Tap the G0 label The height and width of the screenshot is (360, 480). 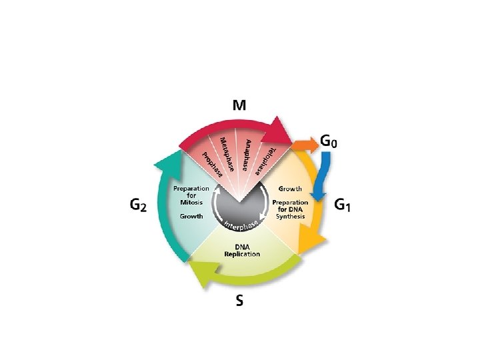click(333, 142)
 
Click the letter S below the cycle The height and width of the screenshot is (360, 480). click(239, 301)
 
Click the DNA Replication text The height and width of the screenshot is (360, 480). click(242, 250)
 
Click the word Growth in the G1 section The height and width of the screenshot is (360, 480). click(290, 189)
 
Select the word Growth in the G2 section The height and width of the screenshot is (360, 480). click(191, 217)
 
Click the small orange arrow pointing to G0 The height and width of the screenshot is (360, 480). click(307, 143)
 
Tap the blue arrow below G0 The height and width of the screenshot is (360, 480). click(323, 175)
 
